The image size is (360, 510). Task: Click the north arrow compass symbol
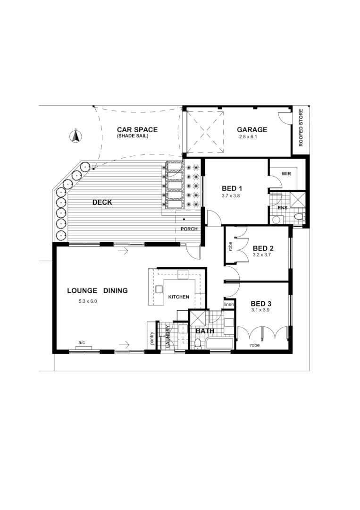coord(75,136)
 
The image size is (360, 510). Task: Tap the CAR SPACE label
coord(137,130)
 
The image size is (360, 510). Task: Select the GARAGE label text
coord(252,130)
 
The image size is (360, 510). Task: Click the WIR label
coord(286,174)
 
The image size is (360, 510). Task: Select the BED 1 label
coord(232,188)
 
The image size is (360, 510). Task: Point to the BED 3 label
coord(261,304)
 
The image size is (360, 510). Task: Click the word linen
coord(229,305)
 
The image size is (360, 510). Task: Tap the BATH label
coord(205,331)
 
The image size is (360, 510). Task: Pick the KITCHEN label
coord(179,297)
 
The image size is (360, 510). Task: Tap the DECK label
coord(102,202)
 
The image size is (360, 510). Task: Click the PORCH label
coord(188,229)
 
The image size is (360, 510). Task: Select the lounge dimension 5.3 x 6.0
coord(88,301)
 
